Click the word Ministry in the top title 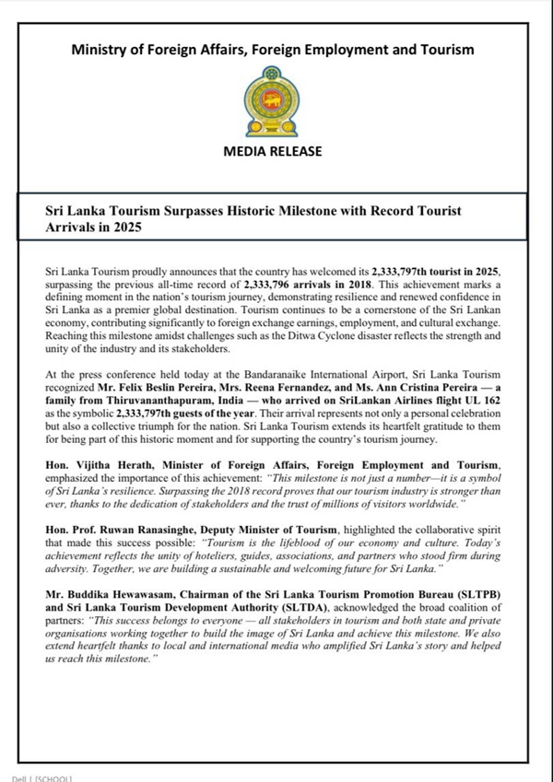pyautogui.click(x=102, y=50)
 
